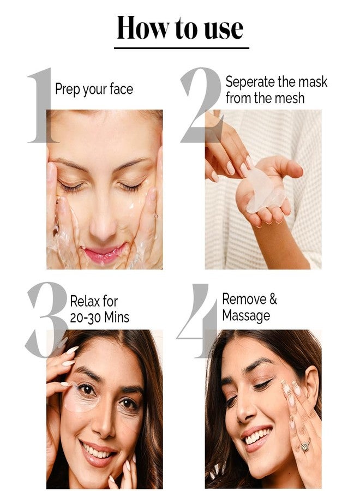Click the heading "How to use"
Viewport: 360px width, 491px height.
(x=181, y=28)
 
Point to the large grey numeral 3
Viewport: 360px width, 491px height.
(x=47, y=319)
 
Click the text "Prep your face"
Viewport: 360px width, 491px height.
(x=94, y=89)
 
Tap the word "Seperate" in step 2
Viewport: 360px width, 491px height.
(x=250, y=82)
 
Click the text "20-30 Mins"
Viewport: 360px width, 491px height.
(x=99, y=317)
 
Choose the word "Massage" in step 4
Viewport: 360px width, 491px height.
(x=246, y=315)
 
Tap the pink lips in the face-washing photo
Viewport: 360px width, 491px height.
(x=103, y=253)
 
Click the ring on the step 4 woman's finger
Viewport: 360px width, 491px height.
(x=306, y=445)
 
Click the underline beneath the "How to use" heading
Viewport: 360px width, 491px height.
(x=181, y=48)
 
